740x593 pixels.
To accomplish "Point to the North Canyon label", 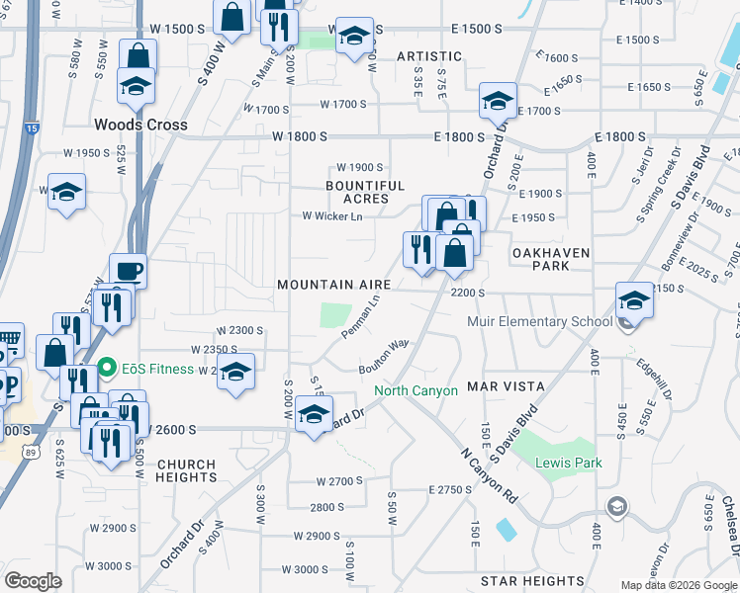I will pos(416,390).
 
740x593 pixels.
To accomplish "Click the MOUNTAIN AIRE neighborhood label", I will pos(334,285).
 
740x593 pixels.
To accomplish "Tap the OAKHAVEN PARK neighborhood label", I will pos(552,259).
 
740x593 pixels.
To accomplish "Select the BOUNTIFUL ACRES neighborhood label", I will pos(366,192).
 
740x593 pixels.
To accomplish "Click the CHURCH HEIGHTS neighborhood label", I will pos(186,470).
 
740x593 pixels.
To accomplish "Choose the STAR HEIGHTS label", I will pos(532,581).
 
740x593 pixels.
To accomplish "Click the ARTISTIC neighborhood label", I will pos(429,56).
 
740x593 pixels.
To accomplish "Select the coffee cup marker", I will pos(129,270).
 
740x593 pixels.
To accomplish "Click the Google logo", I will pos(33,580).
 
